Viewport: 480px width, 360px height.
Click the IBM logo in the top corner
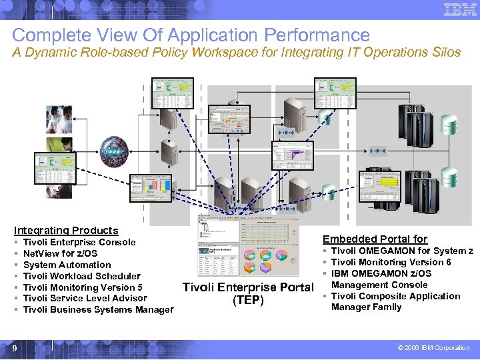click(459, 11)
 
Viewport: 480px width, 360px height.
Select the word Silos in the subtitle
click(443, 53)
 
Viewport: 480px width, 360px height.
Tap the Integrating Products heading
click(66, 231)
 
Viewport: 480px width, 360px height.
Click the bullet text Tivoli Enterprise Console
click(79, 242)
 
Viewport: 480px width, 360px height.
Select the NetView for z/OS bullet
click(60, 253)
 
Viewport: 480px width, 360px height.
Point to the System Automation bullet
click(67, 265)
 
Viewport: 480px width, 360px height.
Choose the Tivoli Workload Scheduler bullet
click(81, 276)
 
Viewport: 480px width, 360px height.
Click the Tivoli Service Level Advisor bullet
click(85, 298)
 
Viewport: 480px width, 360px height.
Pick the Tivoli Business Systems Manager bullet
click(98, 309)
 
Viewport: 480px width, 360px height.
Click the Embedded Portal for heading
click(375, 239)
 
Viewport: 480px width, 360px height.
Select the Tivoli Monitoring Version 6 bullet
click(391, 262)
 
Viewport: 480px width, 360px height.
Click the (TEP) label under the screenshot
click(248, 300)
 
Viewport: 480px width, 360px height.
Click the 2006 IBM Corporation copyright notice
click(433, 348)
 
